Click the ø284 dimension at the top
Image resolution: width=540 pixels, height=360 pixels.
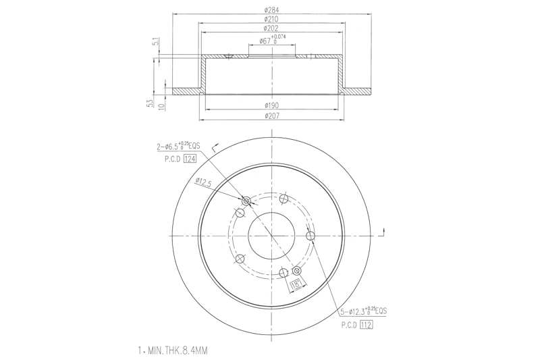click(272, 9)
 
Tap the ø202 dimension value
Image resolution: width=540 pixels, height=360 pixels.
click(272, 28)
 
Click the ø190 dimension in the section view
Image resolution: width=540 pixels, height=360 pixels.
click(272, 106)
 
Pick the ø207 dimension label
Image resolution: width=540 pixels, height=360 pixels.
click(272, 116)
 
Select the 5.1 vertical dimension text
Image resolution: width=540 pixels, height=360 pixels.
click(155, 43)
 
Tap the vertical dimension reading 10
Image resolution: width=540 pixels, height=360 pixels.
click(162, 106)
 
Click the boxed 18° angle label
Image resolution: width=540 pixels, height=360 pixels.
click(294, 286)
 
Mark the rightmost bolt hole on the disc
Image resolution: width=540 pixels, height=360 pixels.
click(310, 235)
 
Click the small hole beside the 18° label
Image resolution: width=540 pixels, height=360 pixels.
click(296, 272)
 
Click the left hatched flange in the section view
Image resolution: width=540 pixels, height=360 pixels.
click(186, 91)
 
